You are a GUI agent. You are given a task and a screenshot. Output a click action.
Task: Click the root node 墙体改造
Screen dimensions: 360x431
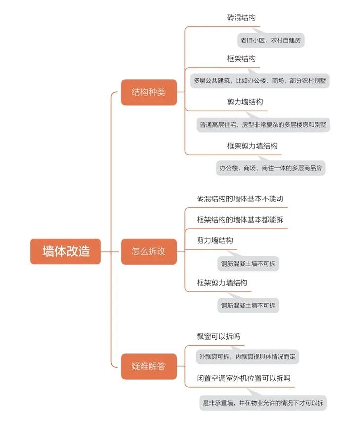pos(66,251)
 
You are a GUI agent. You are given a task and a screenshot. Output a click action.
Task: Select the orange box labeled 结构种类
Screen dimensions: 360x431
pos(149,92)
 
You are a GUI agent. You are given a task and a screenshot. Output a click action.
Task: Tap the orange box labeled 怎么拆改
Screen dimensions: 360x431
pos(149,251)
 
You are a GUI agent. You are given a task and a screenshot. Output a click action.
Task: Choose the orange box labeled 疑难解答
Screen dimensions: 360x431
pos(149,366)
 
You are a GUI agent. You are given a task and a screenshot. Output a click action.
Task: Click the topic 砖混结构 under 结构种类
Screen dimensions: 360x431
pos(241,18)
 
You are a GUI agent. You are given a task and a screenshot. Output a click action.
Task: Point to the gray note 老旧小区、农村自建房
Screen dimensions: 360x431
pos(271,40)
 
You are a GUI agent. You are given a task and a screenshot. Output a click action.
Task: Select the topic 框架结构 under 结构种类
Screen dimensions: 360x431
pos(241,59)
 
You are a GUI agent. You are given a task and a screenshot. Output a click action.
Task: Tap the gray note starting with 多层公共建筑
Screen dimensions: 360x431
pos(260,81)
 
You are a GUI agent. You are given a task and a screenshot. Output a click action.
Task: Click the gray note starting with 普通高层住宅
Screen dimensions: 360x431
pos(263,125)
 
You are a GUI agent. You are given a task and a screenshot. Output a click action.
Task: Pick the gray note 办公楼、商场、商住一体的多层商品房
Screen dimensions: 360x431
pos(271,168)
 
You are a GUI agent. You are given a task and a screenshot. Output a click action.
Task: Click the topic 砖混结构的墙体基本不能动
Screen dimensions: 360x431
pos(240,199)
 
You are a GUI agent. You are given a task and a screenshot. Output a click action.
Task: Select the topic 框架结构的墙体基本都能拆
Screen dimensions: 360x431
pos(240,220)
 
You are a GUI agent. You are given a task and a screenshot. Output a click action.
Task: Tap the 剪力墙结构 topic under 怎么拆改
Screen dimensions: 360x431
pos(215,241)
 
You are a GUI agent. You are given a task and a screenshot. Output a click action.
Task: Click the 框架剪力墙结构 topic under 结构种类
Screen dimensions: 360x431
pos(252,146)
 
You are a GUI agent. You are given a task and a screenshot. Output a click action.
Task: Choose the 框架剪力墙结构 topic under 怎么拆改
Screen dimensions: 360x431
pos(222,283)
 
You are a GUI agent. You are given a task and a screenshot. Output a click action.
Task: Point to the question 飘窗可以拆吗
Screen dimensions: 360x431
pos(218,336)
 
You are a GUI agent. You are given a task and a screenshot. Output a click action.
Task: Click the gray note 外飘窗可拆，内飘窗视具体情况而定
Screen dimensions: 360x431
pos(247,357)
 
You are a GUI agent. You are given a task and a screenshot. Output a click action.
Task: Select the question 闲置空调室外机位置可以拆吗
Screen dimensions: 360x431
pos(243,378)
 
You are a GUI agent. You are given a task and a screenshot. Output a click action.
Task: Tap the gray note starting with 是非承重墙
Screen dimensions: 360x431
pos(263,403)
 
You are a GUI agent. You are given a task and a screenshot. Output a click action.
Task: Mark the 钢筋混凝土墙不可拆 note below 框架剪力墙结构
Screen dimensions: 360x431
pos(248,306)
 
